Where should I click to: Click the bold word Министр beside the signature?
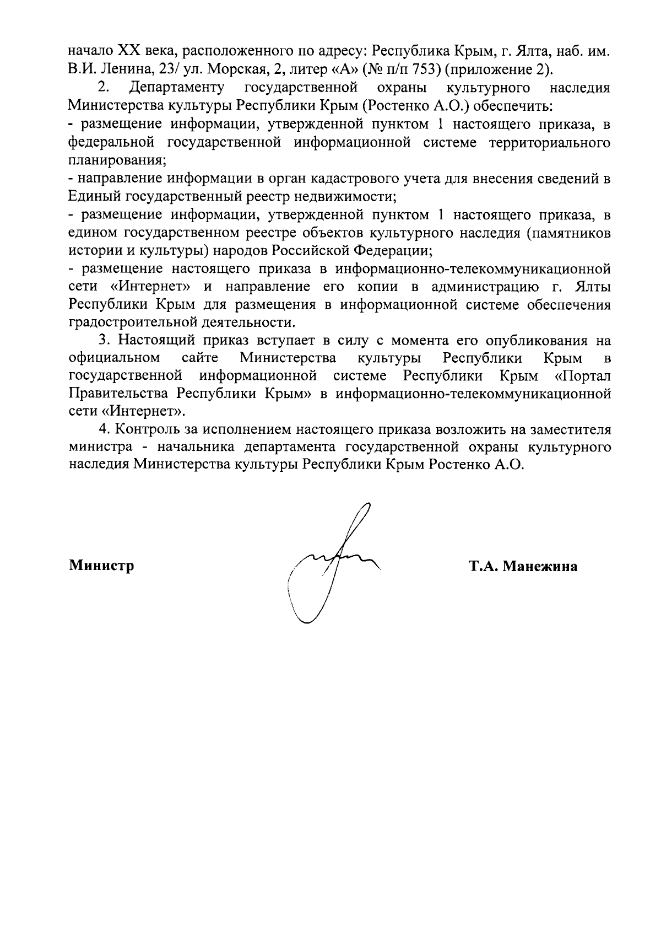point(101,566)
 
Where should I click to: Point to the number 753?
point(416,69)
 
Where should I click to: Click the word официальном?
point(115,358)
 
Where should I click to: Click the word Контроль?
point(145,430)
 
